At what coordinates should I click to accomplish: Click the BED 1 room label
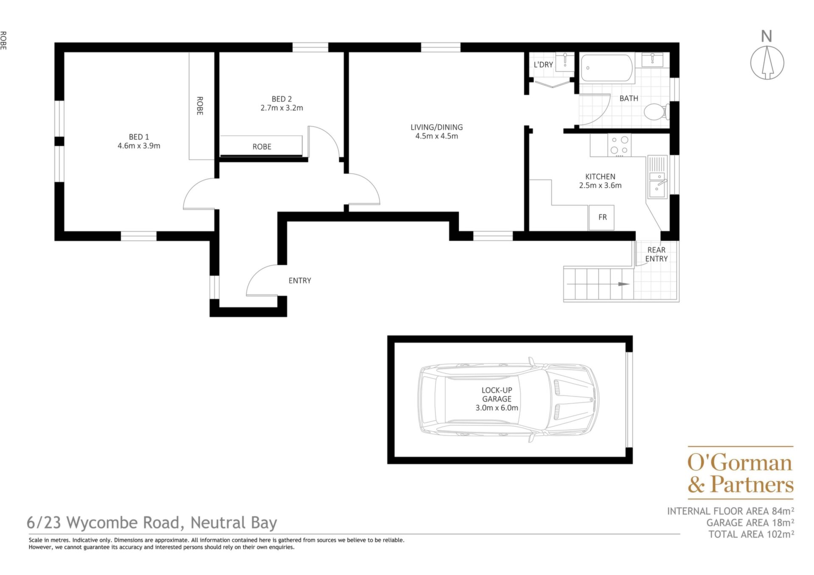click(139, 137)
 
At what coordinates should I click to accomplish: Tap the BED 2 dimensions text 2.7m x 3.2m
click(282, 108)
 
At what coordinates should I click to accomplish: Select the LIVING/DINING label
click(437, 127)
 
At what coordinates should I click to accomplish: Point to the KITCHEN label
click(600, 177)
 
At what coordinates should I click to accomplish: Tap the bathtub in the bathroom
click(607, 68)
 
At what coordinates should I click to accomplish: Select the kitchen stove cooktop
click(619, 145)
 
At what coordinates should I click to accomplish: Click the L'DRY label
click(543, 65)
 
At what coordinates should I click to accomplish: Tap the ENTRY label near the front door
click(300, 281)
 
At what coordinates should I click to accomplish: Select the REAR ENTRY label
click(656, 254)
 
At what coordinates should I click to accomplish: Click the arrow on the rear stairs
click(598, 284)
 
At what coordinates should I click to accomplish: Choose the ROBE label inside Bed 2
click(262, 147)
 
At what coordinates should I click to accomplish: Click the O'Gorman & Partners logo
click(740, 473)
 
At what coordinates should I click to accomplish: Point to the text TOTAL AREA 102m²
click(751, 534)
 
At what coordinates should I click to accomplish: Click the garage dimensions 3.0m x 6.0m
click(497, 408)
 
